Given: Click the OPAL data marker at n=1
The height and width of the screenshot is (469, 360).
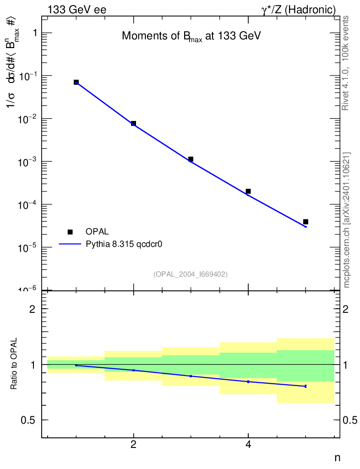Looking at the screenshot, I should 76,82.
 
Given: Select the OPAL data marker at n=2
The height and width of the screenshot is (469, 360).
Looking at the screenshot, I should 133,123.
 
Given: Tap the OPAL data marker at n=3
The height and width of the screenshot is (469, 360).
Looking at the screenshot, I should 191,159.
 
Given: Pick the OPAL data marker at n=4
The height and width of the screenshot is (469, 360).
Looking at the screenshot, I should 248,191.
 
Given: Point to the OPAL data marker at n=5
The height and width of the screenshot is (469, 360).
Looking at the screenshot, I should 305,222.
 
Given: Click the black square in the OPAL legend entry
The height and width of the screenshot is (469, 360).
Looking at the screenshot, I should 70,232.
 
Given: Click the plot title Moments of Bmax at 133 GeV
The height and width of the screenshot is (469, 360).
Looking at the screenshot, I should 191,37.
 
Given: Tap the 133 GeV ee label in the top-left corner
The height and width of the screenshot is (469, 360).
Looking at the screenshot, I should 77,10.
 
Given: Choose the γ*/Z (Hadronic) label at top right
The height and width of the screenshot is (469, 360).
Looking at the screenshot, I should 299,10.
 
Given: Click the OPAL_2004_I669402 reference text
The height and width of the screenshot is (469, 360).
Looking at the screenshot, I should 191,274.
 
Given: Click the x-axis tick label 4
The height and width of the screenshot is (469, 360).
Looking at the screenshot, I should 248,445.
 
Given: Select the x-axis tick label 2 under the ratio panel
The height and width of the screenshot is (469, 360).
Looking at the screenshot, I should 133,445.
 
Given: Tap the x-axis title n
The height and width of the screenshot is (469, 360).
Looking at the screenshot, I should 337,458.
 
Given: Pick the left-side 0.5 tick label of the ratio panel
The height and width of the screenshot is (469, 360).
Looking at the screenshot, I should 29,420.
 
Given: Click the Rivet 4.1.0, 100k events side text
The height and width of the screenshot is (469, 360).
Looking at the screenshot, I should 346,63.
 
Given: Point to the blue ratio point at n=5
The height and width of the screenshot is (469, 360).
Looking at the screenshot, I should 305,386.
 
